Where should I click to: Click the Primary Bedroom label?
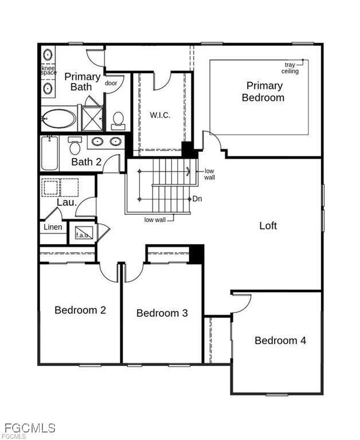click(263, 92)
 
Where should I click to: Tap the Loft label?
click(268, 226)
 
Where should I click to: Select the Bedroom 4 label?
click(280, 340)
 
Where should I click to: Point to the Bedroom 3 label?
click(162, 313)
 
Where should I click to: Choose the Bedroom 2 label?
click(80, 310)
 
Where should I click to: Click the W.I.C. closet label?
click(160, 115)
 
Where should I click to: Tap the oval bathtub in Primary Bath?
click(59, 119)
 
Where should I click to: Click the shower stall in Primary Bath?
click(92, 119)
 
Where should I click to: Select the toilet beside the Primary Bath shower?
click(118, 121)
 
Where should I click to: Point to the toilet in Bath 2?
click(75, 146)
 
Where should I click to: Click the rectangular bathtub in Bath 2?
click(50, 153)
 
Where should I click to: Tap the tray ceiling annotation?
click(290, 68)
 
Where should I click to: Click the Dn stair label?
click(197, 199)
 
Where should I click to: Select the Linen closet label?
click(53, 227)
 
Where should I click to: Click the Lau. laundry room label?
click(67, 202)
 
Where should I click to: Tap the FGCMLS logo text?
click(30, 428)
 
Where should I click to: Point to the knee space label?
click(49, 70)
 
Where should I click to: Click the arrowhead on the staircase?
click(188, 171)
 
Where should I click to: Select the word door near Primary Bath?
click(111, 83)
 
